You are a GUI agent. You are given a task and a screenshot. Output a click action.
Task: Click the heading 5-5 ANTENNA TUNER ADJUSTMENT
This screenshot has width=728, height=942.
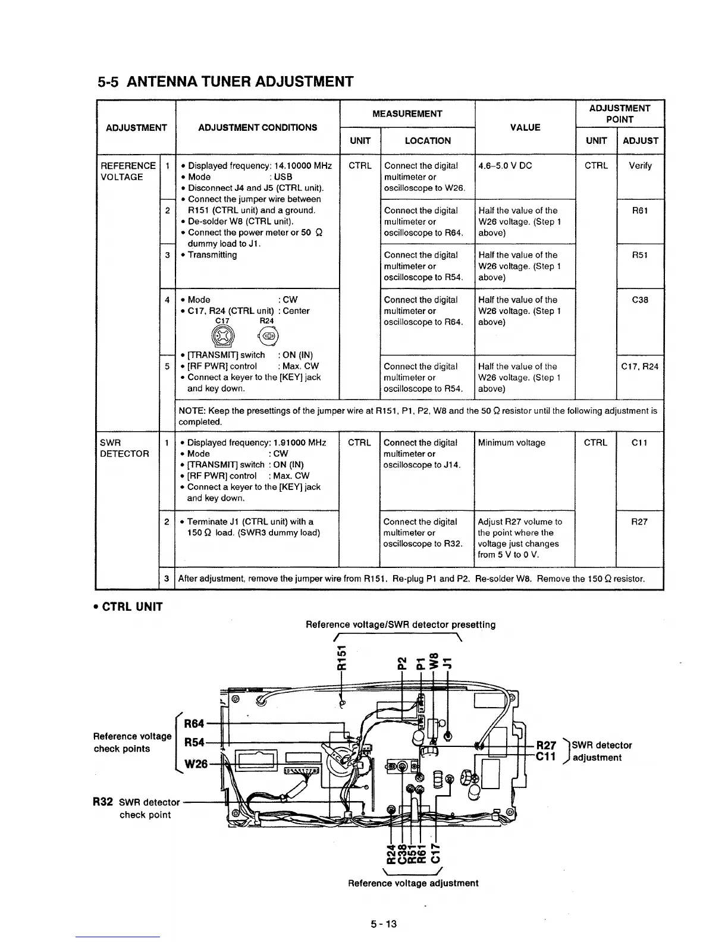(225, 81)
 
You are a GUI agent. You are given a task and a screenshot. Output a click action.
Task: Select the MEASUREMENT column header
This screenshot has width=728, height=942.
(407, 114)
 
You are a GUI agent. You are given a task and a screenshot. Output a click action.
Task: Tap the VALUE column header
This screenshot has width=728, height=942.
(525, 127)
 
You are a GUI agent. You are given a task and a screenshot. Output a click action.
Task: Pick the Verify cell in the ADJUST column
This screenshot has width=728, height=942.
(640, 166)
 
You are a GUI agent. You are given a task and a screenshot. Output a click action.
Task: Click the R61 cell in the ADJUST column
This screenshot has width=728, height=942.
(640, 211)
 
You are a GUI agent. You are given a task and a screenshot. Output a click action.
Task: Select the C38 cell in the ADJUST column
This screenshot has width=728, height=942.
(640, 300)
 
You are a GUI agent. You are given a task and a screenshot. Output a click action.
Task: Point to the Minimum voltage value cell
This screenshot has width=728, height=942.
(512, 442)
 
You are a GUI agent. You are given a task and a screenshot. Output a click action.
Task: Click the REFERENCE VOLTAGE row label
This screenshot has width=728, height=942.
(127, 171)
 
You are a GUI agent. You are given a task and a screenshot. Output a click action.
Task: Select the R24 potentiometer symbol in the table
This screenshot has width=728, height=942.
(267, 336)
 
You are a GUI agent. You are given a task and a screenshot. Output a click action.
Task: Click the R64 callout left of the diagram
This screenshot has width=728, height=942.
(194, 724)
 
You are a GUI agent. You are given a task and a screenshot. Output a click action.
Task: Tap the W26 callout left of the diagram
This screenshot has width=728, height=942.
(195, 763)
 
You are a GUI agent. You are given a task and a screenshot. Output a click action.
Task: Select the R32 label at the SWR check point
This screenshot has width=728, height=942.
(103, 802)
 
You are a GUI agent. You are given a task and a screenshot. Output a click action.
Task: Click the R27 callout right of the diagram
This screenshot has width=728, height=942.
(546, 745)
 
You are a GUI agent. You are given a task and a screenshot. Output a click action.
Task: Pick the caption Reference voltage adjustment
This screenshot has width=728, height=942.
(413, 883)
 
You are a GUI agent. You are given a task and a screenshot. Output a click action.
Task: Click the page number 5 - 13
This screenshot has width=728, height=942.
(383, 924)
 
